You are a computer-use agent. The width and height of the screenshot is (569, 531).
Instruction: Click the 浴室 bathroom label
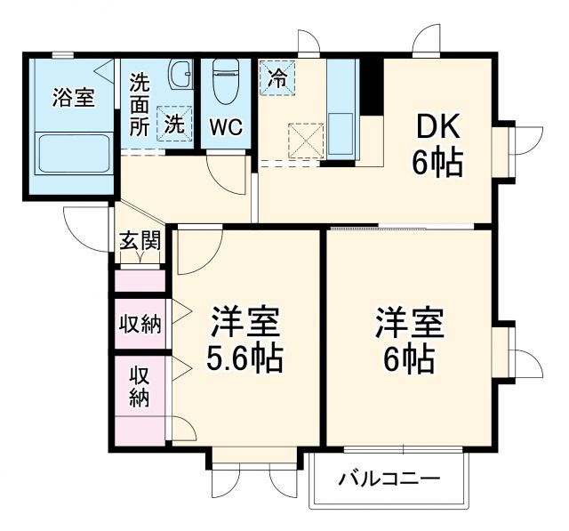(73, 98)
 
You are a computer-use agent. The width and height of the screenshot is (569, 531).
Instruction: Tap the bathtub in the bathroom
(73, 155)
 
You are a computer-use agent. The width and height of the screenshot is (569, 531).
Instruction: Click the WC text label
(226, 126)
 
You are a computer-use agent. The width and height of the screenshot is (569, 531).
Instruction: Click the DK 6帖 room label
(436, 145)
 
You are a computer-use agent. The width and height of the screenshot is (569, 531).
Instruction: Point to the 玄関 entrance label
(140, 241)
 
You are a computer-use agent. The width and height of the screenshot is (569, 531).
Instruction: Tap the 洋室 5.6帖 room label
(245, 340)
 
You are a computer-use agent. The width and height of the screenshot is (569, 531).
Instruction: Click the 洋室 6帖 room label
(410, 340)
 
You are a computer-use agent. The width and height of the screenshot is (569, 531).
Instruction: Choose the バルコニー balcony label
(389, 480)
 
